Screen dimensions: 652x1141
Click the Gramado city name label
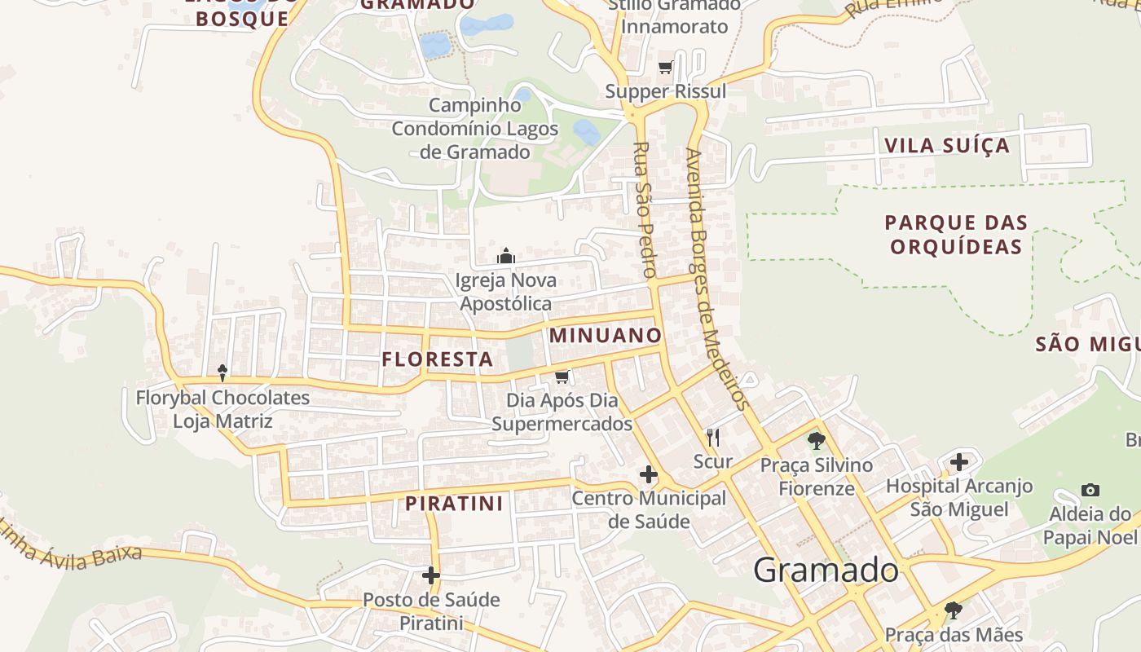(826, 570)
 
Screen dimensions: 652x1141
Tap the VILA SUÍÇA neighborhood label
(947, 146)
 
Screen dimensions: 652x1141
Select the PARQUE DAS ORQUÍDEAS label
(956, 234)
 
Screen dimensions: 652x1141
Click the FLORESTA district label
(438, 359)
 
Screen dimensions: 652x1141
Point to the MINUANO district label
(606, 335)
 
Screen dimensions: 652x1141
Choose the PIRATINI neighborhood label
(455, 503)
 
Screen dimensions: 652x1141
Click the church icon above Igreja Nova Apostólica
(506, 257)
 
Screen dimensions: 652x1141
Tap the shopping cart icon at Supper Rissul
(665, 68)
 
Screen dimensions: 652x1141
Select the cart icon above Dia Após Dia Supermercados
(562, 377)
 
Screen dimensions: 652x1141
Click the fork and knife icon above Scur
(713, 438)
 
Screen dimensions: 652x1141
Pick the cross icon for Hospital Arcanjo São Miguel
(959, 462)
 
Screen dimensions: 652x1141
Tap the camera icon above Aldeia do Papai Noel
(1090, 490)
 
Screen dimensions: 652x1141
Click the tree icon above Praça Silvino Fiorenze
(816, 441)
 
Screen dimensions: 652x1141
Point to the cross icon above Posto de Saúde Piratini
(431, 576)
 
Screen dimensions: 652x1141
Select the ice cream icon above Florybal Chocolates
(222, 372)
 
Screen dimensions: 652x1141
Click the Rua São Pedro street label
(644, 210)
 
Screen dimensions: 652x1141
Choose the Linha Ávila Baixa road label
(72, 544)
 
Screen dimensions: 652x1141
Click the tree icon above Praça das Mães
(953, 610)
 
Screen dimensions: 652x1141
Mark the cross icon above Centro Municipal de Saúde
(649, 474)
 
